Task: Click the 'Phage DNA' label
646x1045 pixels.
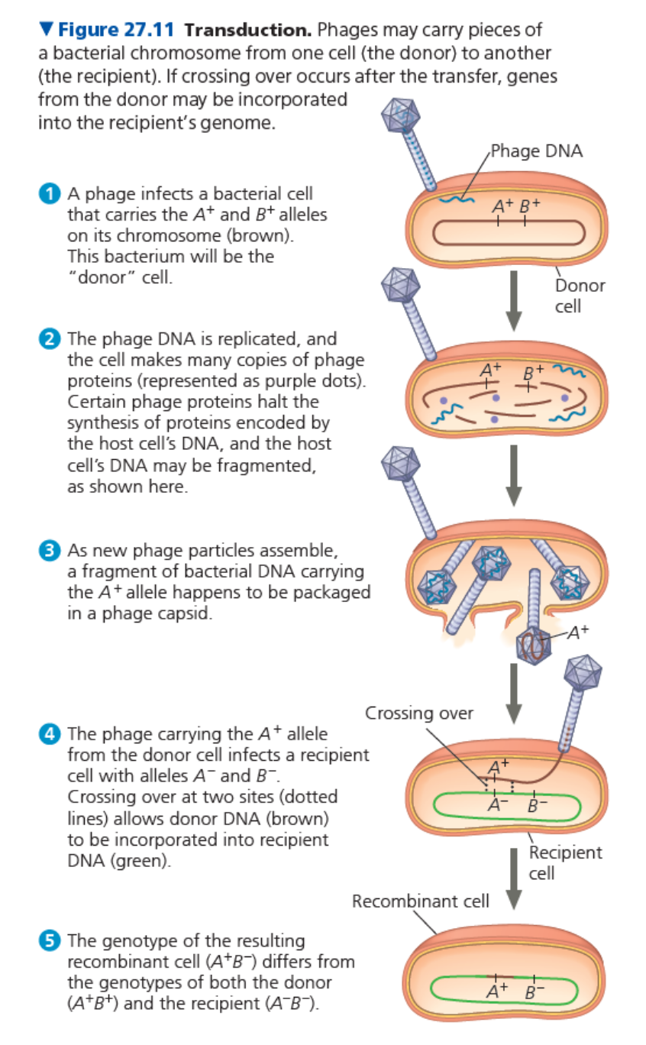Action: (536, 150)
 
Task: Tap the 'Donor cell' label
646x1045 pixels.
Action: (579, 296)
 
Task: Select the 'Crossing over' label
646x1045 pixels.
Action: (419, 713)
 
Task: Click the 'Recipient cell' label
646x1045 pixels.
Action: (565, 862)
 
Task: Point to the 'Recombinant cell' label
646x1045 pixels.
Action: (421, 901)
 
